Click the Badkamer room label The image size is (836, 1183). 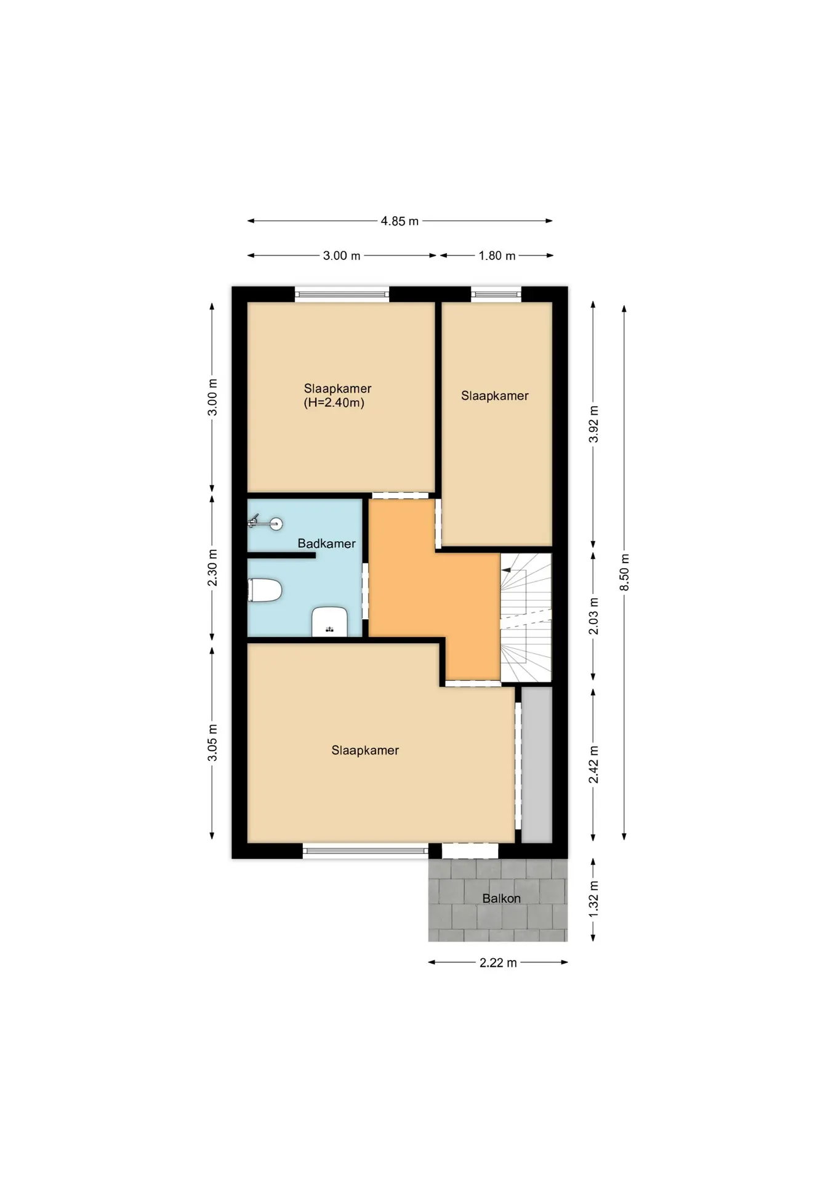click(x=326, y=543)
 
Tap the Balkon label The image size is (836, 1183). click(x=501, y=898)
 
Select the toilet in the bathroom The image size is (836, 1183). click(x=265, y=590)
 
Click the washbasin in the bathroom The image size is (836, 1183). click(x=330, y=621)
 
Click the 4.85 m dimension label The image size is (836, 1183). click(x=400, y=221)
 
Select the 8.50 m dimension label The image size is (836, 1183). click(x=625, y=572)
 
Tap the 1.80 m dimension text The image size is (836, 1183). click(x=497, y=256)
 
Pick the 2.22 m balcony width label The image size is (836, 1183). click(x=498, y=962)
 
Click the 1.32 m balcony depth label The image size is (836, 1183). click(x=593, y=899)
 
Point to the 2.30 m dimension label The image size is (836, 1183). click(x=212, y=567)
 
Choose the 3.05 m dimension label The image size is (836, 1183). click(x=212, y=742)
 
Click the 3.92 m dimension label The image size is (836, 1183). click(x=593, y=424)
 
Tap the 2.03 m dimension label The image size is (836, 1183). click(x=593, y=616)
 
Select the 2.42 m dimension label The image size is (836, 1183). click(x=593, y=765)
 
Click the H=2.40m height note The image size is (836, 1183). click(x=334, y=403)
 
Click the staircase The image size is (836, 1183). click(x=526, y=617)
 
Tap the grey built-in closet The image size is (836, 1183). click(x=537, y=765)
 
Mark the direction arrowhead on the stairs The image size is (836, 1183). click(x=506, y=571)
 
